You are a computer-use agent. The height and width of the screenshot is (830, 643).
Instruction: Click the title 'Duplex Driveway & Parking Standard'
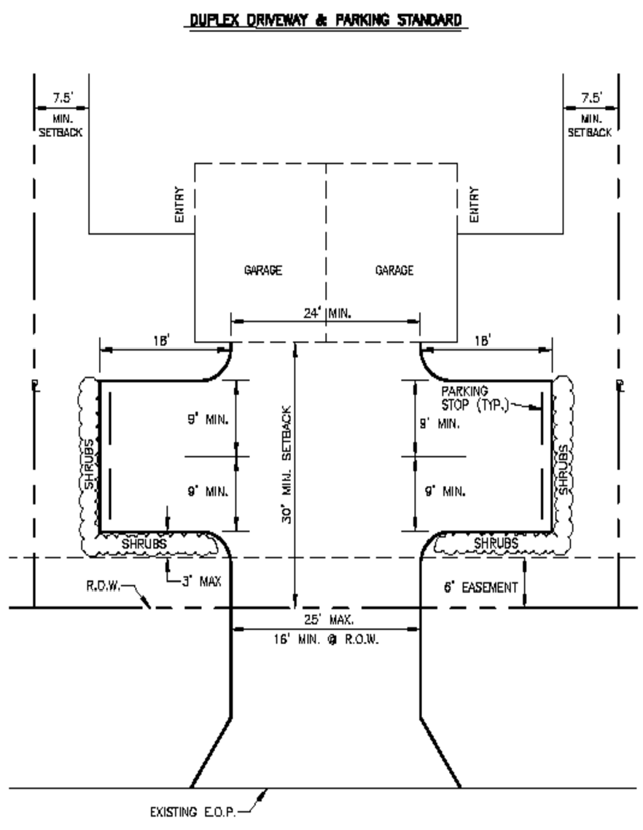pos(324,20)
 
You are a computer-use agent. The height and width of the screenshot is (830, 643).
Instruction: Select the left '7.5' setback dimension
pos(61,98)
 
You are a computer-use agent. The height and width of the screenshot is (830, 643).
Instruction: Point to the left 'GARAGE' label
pos(263,270)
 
